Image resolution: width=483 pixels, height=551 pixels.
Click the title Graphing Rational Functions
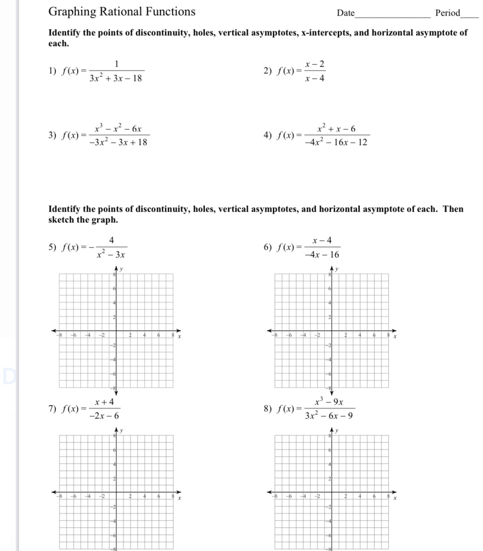point(122,12)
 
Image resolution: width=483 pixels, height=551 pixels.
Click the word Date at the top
point(345,13)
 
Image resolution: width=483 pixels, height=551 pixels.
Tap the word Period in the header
point(448,13)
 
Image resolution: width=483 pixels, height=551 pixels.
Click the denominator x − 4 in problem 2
point(315,79)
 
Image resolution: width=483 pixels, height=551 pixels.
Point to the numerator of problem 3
point(118,128)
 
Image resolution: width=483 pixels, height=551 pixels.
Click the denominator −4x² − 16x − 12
point(336,142)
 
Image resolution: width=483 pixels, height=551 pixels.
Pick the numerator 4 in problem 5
point(111,240)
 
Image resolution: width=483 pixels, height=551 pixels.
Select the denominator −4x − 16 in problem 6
point(322,255)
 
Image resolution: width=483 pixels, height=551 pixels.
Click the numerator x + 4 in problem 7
point(104,402)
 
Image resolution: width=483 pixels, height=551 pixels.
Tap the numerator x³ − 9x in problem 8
point(329,402)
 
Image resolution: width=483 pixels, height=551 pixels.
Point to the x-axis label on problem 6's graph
point(395,336)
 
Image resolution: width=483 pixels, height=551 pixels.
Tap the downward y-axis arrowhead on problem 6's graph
point(331,393)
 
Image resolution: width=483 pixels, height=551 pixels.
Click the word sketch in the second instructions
point(61,220)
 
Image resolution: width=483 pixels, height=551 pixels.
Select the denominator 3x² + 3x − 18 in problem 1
point(115,79)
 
